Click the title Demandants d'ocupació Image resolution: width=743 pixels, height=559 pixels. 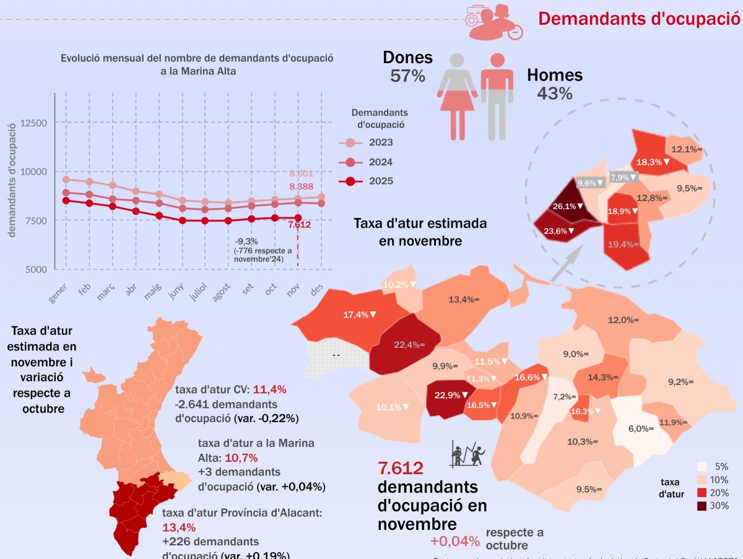[639, 18]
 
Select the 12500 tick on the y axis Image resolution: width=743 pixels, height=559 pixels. [33, 123]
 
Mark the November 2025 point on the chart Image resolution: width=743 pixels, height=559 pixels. [298, 218]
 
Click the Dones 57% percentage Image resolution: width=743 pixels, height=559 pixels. [407, 76]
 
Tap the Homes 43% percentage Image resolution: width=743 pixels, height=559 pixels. [555, 93]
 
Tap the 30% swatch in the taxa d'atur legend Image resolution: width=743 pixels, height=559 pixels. [702, 506]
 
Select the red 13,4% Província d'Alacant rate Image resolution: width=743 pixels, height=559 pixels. [179, 527]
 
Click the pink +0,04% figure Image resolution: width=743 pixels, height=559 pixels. [455, 541]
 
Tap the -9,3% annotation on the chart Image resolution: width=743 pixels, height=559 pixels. [247, 241]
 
